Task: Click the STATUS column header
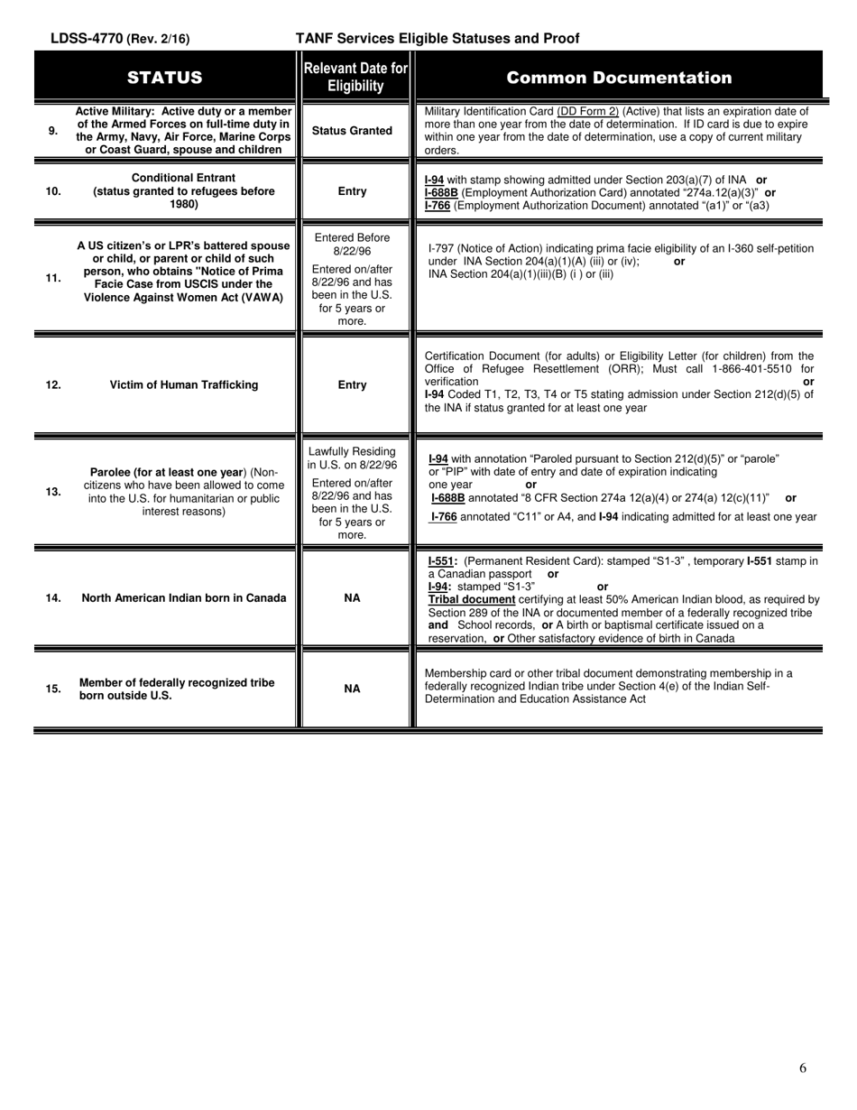(x=165, y=78)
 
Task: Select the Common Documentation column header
(x=619, y=78)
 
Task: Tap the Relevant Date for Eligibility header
(x=355, y=78)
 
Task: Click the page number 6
(x=803, y=1068)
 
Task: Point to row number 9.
(x=53, y=131)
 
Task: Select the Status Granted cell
(x=352, y=131)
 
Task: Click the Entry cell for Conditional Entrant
(x=352, y=191)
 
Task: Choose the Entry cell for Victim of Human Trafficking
(x=352, y=385)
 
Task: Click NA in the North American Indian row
(x=353, y=598)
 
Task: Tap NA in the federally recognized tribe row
(x=353, y=689)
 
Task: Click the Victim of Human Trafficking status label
(x=184, y=385)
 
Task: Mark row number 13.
(x=53, y=492)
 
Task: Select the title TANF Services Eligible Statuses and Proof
(x=438, y=39)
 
